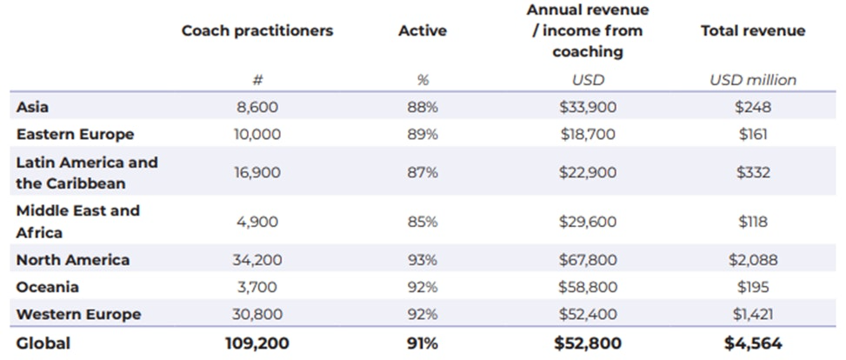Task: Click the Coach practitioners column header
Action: (256, 30)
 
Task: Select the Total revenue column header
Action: (752, 30)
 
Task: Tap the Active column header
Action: (423, 30)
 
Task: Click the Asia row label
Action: (32, 107)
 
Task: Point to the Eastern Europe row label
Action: (75, 134)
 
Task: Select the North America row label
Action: (72, 259)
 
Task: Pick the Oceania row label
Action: (47, 286)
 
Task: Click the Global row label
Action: (43, 343)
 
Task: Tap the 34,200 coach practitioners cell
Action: (256, 259)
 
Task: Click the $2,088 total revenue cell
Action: (752, 259)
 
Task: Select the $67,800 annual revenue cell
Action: (588, 259)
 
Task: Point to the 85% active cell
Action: (423, 222)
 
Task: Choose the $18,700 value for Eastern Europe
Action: (588, 134)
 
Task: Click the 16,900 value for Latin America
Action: (256, 172)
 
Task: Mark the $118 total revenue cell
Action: (752, 222)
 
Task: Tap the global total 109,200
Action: (256, 343)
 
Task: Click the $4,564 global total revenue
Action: (752, 343)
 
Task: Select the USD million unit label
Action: (752, 79)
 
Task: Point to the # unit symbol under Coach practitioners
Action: (256, 79)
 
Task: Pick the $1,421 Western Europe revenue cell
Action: (752, 314)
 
